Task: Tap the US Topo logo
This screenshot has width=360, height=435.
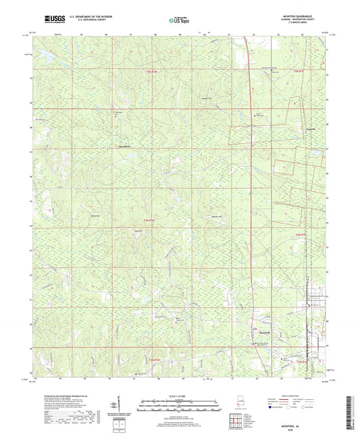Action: pos(177,21)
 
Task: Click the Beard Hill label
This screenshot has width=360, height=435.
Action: pos(96,215)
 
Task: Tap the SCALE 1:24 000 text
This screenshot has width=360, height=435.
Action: pos(179,395)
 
